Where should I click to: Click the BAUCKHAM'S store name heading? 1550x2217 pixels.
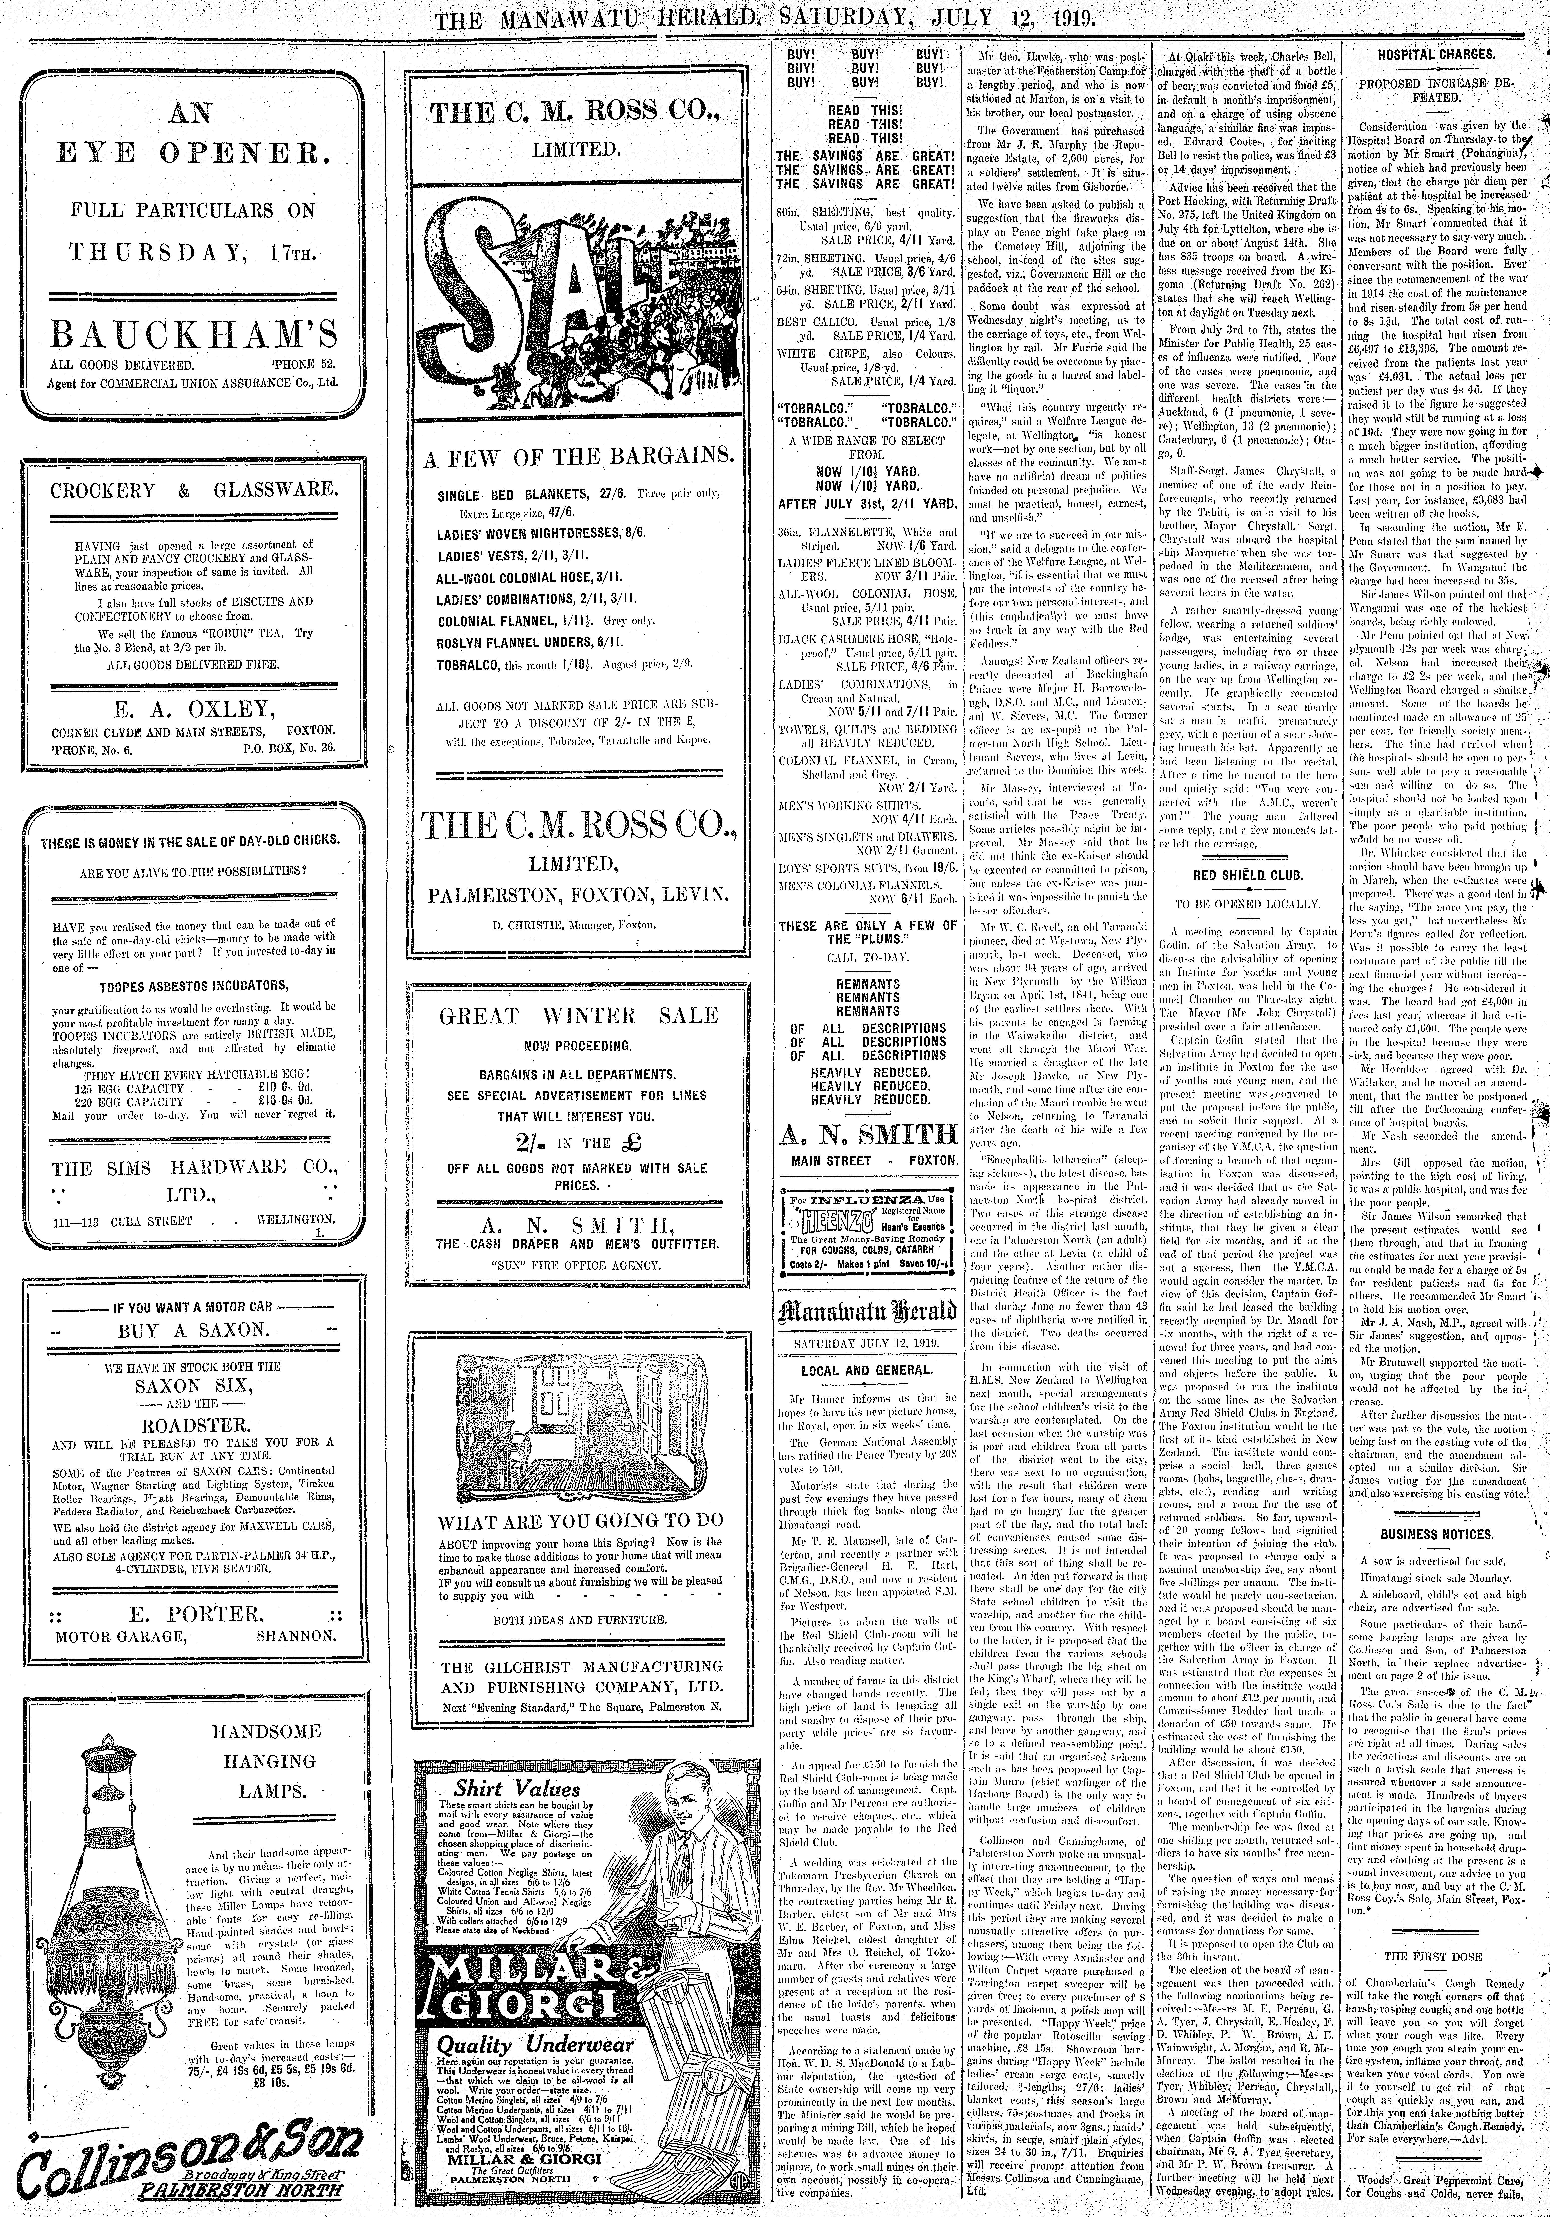tap(194, 335)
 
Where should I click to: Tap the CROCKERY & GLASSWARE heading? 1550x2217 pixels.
tap(194, 490)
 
